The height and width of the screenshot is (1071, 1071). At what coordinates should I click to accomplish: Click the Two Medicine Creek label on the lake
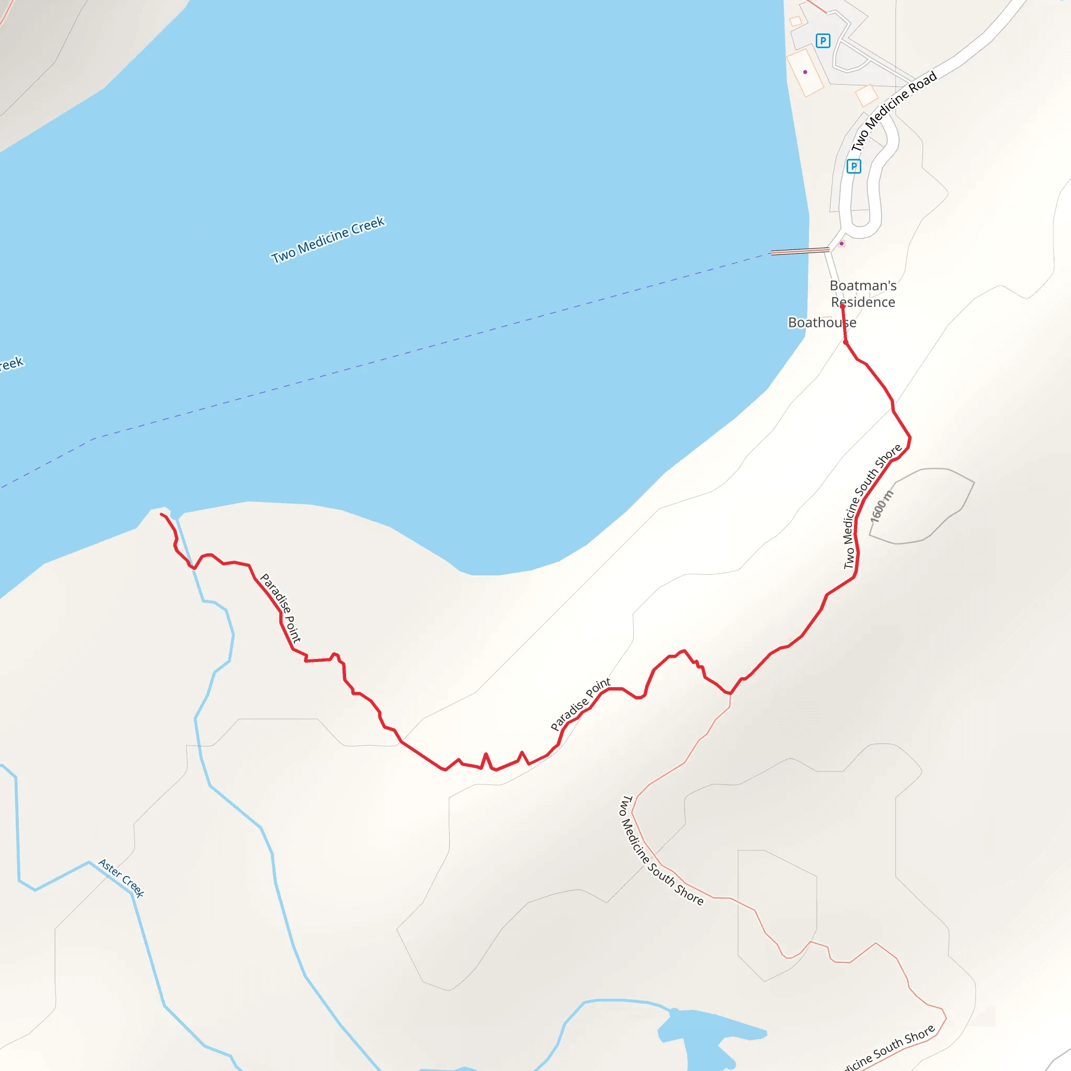click(x=327, y=240)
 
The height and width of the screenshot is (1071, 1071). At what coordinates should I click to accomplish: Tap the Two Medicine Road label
click(x=894, y=111)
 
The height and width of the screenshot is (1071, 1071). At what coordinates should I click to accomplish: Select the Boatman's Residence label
click(x=863, y=294)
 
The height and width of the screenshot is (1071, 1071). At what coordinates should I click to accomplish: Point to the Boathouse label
click(x=822, y=323)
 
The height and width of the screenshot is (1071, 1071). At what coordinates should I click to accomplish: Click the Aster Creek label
click(x=121, y=878)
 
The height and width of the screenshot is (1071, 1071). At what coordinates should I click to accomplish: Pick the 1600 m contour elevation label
click(x=882, y=506)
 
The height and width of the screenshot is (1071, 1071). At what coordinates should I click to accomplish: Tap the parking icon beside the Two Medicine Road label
click(x=853, y=166)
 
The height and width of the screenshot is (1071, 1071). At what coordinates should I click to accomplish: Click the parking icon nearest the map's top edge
click(x=823, y=40)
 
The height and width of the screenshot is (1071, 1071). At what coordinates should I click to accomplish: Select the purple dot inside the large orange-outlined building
click(x=805, y=72)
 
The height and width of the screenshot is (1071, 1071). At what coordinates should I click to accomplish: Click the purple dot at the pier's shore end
click(x=841, y=243)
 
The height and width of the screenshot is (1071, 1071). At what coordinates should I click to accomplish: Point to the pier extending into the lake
click(x=800, y=251)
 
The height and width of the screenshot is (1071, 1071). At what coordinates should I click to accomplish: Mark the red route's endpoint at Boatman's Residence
click(x=842, y=306)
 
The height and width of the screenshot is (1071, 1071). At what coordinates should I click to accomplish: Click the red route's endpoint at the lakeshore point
click(x=161, y=515)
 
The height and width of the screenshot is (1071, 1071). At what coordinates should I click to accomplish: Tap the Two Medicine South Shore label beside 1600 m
click(x=872, y=506)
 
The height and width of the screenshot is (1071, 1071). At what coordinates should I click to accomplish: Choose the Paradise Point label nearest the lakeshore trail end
click(x=280, y=608)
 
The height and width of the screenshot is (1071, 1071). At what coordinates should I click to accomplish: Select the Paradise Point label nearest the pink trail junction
click(x=580, y=703)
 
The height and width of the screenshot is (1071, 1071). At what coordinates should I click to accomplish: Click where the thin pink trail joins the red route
click(x=730, y=693)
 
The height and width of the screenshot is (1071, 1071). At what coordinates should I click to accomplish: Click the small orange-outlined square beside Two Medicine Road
click(x=867, y=95)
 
